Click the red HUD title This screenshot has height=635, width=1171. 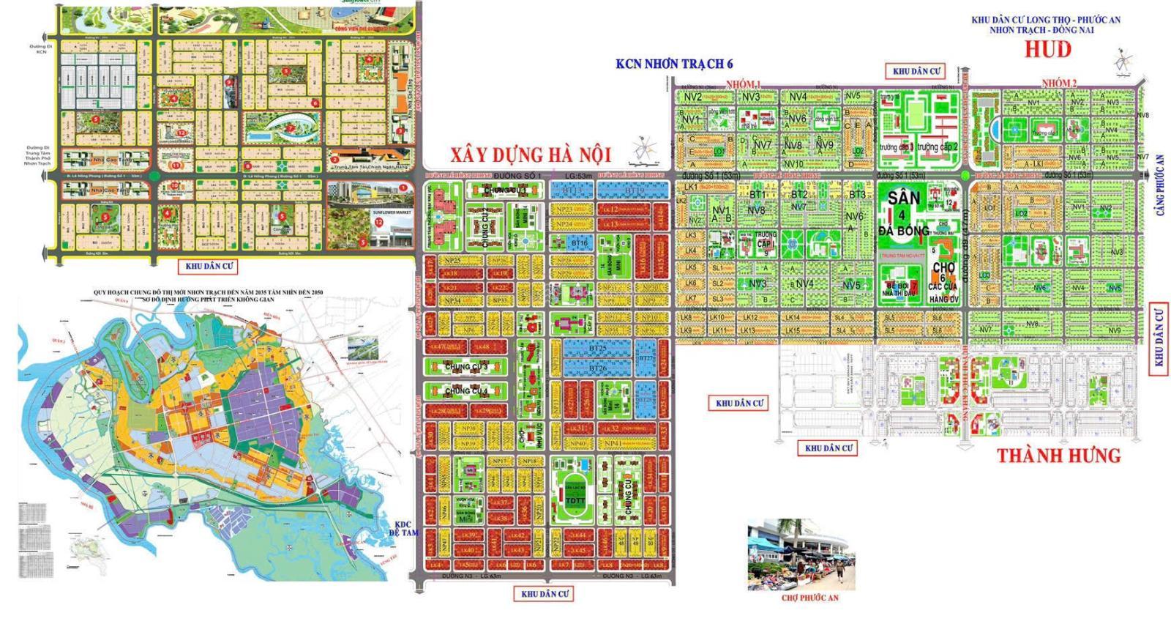click(1048, 49)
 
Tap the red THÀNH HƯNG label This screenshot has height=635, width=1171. click(1059, 456)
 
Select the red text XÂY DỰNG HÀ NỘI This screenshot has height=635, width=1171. click(530, 155)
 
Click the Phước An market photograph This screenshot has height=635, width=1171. click(801, 555)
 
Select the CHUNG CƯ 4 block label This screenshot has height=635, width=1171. click(465, 392)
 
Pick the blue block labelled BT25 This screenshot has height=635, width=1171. click(596, 349)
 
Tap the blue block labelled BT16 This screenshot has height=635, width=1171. click(579, 242)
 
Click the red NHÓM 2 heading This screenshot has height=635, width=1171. click(1059, 83)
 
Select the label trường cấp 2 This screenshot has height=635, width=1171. click(938, 147)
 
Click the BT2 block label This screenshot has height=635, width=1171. click(799, 195)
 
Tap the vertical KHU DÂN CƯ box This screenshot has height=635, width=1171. click(1158, 338)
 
